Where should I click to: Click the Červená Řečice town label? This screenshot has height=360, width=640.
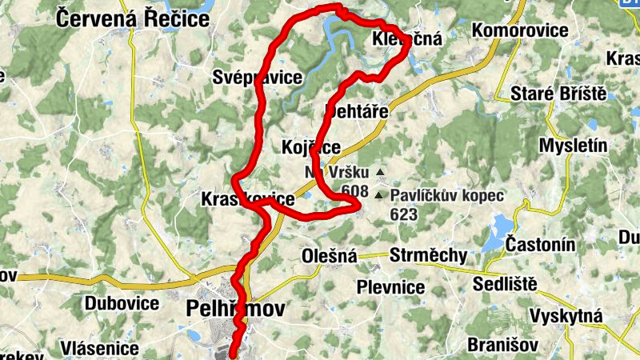pyautogui.click(x=131, y=18)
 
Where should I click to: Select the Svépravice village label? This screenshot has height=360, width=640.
pyautogui.click(x=258, y=78)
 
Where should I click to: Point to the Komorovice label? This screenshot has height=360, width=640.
pyautogui.click(x=521, y=30)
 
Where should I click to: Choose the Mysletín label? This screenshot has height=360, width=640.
pyautogui.click(x=574, y=146)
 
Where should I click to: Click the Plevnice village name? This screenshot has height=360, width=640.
pyautogui.click(x=391, y=287)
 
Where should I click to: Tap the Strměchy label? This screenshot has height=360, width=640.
pyautogui.click(x=428, y=256)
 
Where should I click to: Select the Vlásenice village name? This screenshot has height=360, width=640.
pyautogui.click(x=99, y=350)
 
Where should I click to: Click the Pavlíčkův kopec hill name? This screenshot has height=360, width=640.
pyautogui.click(x=447, y=195)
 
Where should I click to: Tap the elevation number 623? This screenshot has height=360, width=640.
pyautogui.click(x=405, y=214)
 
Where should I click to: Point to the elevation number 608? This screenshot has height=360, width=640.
pyautogui.click(x=354, y=190)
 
